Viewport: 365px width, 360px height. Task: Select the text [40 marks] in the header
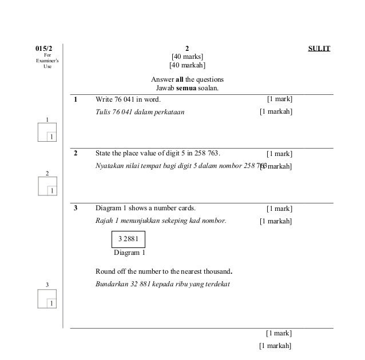[187, 57]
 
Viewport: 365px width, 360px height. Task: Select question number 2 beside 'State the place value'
[75, 153]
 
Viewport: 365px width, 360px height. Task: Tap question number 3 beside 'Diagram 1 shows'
[75, 208]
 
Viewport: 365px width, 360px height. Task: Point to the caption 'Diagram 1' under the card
[129, 252]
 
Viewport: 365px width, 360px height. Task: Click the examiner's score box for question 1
[46, 133]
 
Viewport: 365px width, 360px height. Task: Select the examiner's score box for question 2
[46, 186]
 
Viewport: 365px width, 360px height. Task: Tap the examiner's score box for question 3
[46, 298]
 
